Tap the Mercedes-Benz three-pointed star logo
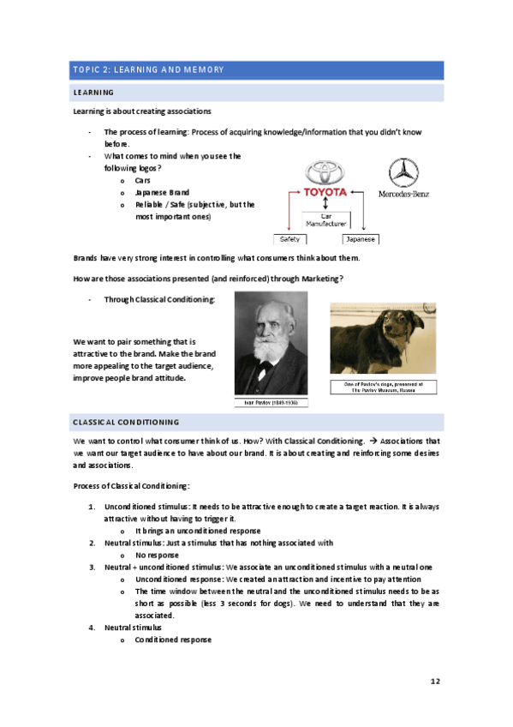(x=398, y=172)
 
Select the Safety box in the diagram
(x=287, y=238)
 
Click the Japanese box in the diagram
(x=360, y=238)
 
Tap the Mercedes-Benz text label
(x=403, y=194)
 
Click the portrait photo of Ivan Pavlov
(x=271, y=343)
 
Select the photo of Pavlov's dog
(x=382, y=339)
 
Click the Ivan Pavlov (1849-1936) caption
(x=271, y=402)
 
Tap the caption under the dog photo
(x=383, y=387)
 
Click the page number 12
(x=435, y=681)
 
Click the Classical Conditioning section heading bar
(x=257, y=422)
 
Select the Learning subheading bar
(x=257, y=93)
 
